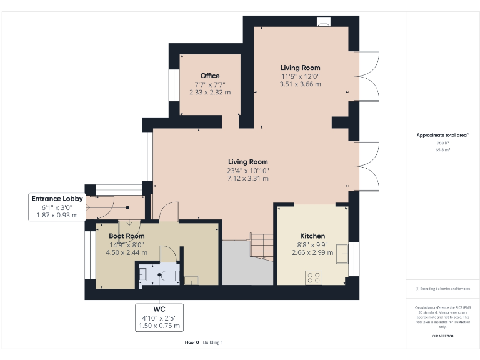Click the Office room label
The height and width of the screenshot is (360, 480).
tap(210, 76)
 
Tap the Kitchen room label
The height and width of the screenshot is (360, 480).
tap(312, 236)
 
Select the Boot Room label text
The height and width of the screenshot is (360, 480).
tap(127, 236)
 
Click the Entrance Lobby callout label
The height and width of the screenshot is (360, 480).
tap(57, 199)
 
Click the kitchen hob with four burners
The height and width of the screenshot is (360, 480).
tap(313, 276)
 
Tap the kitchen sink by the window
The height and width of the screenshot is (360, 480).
tap(343, 255)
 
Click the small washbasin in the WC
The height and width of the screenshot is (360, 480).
tap(142, 273)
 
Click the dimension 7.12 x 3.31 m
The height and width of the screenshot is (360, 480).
tap(248, 178)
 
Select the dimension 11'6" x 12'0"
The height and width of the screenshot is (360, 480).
tap(300, 76)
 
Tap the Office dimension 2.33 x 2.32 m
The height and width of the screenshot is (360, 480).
tap(210, 92)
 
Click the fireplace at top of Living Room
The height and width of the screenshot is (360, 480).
tap(324, 23)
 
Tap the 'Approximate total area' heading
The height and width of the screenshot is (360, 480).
tap(442, 135)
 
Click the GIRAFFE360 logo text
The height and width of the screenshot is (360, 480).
tap(442, 337)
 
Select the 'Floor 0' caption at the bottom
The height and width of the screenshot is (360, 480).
tap(191, 342)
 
